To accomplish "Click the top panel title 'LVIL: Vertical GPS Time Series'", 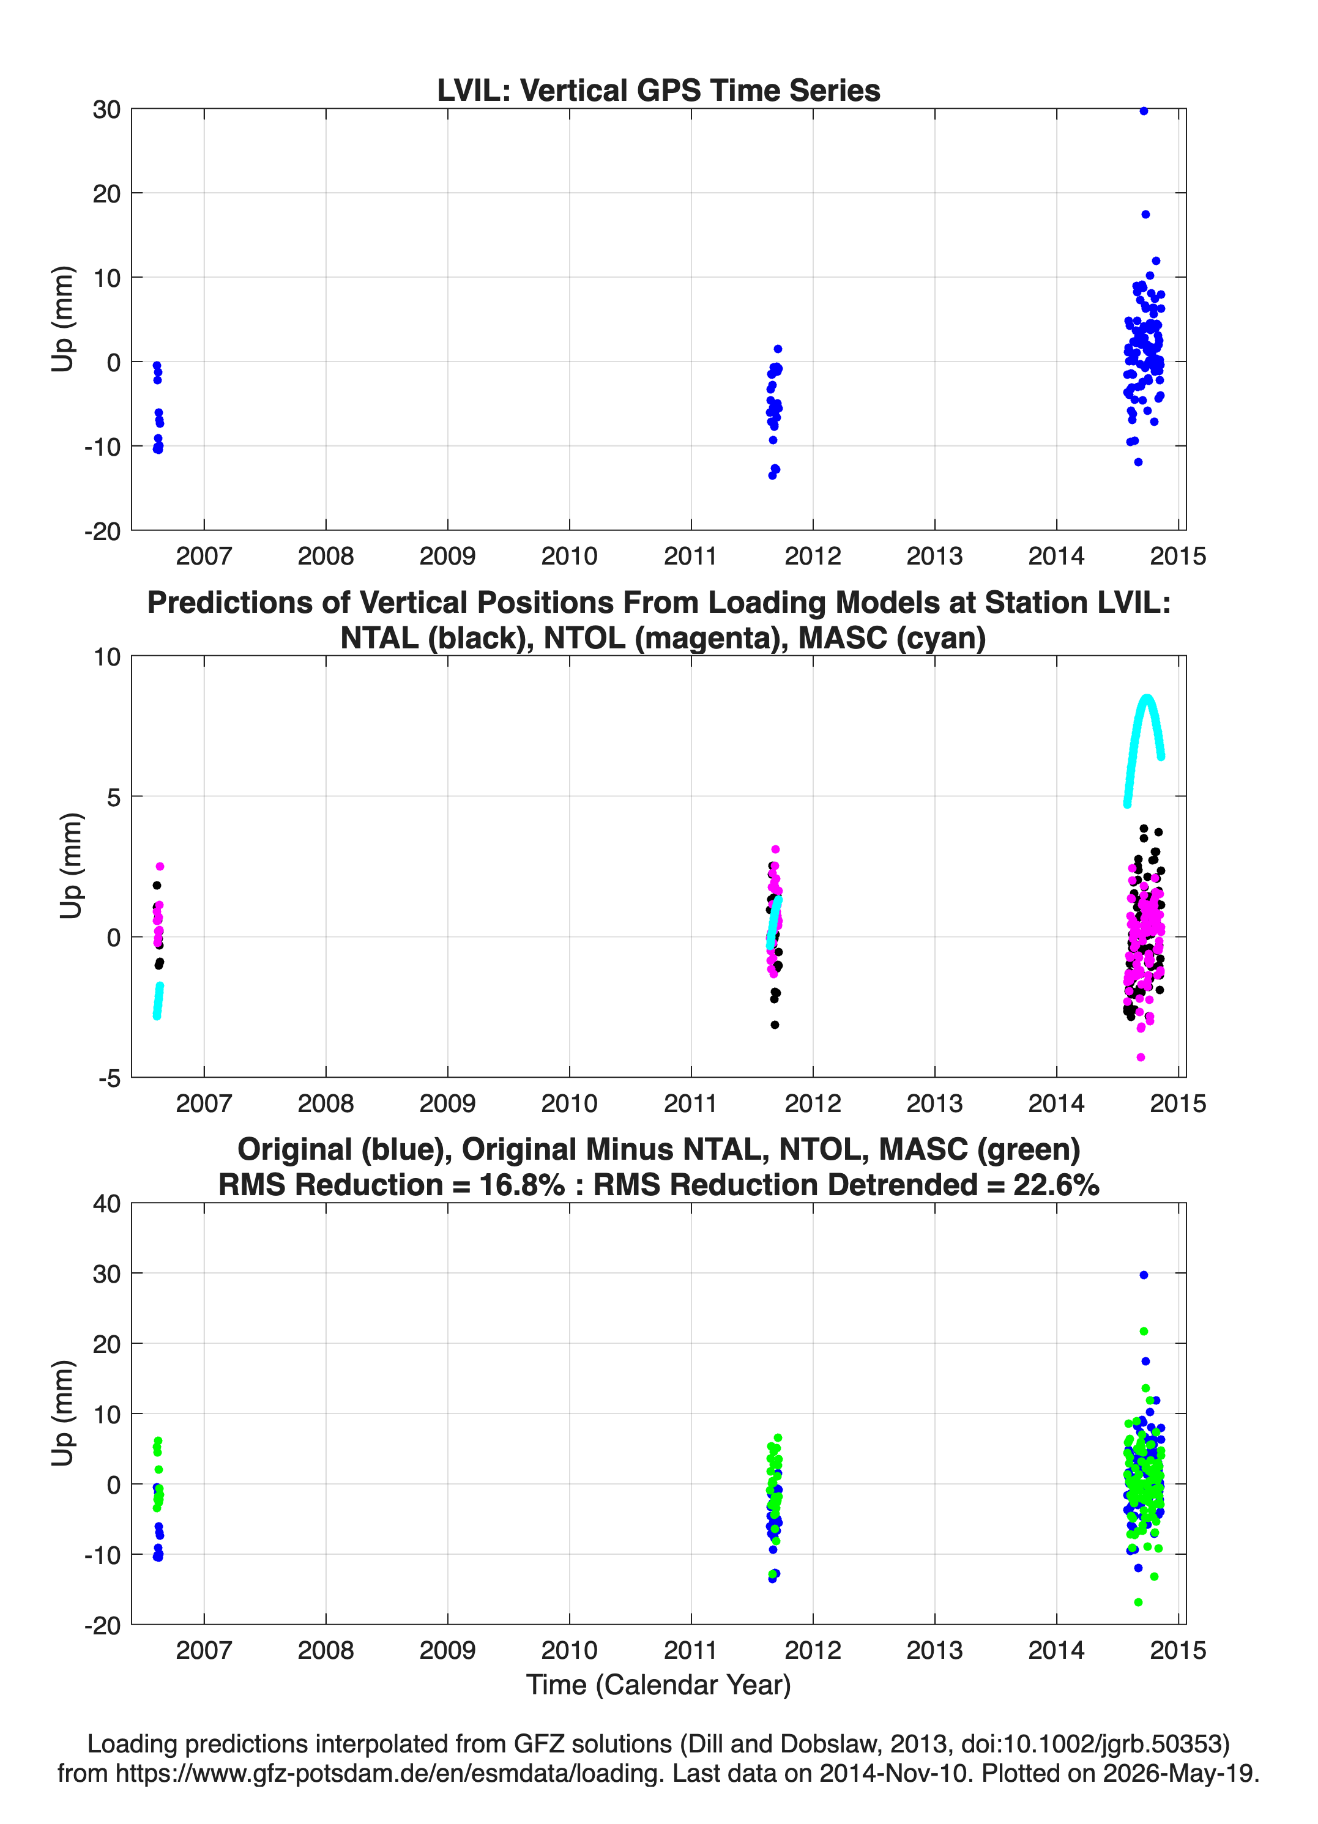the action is (658, 90).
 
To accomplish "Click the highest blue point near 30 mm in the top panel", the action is (1144, 111).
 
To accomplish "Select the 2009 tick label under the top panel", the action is (447, 556).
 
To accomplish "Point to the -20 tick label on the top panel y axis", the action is (102, 532).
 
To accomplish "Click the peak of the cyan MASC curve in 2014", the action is (1147, 698).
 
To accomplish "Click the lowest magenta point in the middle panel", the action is (1140, 1058).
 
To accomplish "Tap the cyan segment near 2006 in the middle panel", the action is (158, 1001).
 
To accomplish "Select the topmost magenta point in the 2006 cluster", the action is (160, 867).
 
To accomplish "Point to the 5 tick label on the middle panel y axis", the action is (113, 797).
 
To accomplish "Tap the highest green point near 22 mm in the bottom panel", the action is (1144, 1332).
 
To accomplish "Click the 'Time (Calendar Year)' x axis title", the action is (658, 1685).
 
